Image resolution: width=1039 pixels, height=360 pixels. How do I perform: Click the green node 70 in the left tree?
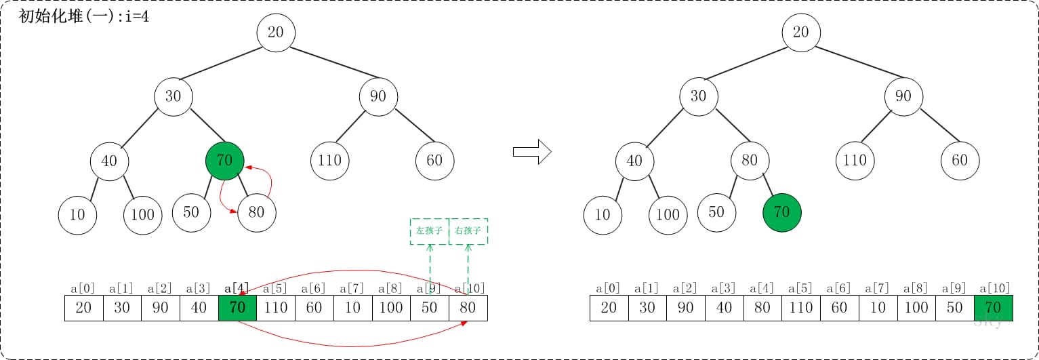[224, 161]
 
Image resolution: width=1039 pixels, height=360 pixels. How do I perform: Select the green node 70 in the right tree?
[781, 212]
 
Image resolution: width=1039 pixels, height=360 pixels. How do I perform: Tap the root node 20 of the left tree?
[276, 32]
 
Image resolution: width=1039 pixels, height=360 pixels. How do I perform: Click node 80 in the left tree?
[256, 212]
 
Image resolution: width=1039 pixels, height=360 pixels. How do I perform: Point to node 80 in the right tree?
[749, 161]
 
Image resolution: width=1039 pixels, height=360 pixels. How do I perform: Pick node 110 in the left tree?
[329, 161]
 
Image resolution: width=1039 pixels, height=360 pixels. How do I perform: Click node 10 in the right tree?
[602, 215]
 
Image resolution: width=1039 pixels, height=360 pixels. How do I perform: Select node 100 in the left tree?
[142, 215]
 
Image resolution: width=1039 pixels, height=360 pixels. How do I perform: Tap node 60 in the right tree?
[959, 161]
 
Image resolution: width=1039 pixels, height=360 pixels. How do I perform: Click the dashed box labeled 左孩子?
[429, 231]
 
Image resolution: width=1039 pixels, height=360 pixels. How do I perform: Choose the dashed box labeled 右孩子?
[468, 231]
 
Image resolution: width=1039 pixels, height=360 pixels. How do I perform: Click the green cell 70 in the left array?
[237, 308]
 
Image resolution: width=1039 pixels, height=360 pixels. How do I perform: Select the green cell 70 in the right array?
[993, 308]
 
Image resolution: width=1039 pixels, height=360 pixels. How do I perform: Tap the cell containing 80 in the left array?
[468, 308]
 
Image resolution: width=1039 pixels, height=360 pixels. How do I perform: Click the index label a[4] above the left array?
[237, 289]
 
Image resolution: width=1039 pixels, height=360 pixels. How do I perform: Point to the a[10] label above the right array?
[993, 289]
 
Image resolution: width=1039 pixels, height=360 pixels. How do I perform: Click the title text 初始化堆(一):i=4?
[84, 17]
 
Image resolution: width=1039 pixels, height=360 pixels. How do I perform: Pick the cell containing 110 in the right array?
[800, 308]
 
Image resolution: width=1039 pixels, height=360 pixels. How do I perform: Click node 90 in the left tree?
[378, 96]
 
